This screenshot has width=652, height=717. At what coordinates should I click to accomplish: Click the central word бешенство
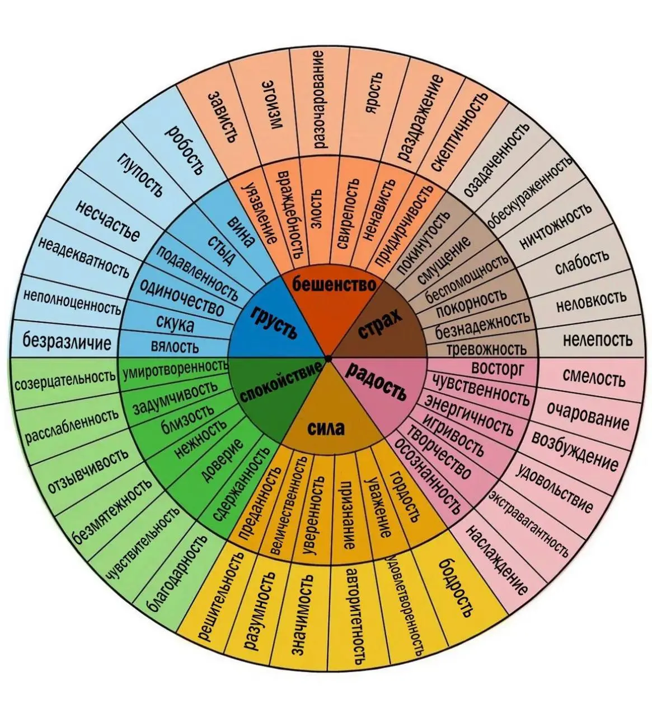[x=335, y=285]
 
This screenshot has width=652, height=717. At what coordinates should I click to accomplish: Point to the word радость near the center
[x=377, y=381]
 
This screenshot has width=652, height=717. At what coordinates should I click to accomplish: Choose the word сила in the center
[x=326, y=428]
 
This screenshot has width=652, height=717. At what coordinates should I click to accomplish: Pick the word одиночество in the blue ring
[x=181, y=297]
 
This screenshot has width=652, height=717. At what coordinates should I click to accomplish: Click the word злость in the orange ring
[x=316, y=209]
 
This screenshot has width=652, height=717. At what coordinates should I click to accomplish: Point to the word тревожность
[x=486, y=348]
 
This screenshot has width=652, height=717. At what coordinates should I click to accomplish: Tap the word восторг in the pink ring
[x=498, y=368]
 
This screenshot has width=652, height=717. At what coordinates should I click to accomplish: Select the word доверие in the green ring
[x=222, y=460]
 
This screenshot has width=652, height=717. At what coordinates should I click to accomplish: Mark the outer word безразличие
[x=67, y=341]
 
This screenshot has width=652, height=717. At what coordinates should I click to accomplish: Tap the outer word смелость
[x=594, y=377]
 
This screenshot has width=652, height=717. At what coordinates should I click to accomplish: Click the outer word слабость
[x=582, y=261]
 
